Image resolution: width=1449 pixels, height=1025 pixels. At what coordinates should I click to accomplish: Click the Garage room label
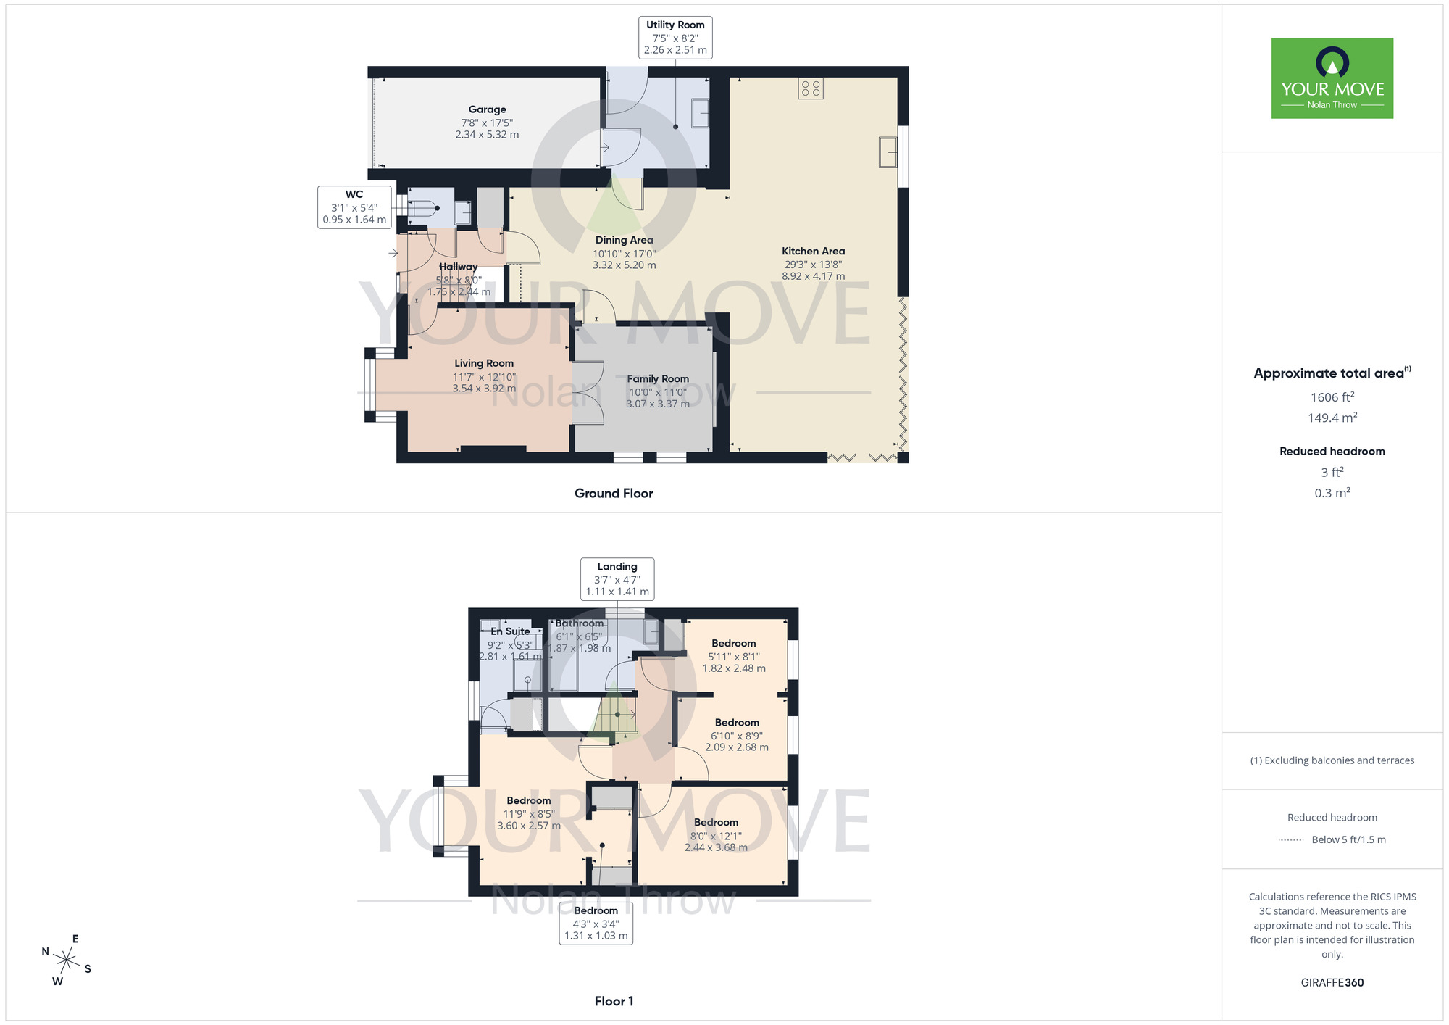point(487,110)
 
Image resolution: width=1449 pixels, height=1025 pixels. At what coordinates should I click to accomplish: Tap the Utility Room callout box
point(675,37)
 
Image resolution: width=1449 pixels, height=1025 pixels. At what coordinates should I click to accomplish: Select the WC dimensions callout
point(354,207)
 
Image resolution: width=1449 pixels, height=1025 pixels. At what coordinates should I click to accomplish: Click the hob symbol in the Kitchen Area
point(811,88)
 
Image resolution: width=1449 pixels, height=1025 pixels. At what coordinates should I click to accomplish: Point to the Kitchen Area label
point(813,252)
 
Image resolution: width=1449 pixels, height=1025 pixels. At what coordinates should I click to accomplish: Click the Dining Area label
point(624,241)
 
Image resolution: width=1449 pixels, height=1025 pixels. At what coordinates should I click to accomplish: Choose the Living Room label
point(484,364)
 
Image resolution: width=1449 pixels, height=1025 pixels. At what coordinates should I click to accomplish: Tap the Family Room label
point(658,379)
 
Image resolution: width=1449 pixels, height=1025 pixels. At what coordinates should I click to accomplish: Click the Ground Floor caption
point(614,494)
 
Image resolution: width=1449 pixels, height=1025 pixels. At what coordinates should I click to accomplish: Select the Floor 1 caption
point(614,1001)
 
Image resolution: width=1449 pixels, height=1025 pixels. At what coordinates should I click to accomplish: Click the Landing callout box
point(617,578)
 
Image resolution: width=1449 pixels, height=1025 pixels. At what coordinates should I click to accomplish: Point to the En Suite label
point(510,631)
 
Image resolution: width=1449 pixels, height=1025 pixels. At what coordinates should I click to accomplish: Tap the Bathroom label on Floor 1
point(580,623)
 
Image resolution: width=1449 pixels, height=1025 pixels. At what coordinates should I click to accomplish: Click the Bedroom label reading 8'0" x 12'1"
point(716,823)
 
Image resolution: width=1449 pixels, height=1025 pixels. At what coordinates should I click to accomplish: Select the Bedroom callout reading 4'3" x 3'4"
point(596,923)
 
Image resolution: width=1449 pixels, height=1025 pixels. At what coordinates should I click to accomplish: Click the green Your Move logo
point(1332,78)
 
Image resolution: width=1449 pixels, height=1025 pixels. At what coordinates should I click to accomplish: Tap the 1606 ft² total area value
point(1332,397)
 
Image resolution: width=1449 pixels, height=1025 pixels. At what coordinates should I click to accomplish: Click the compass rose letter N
point(46,952)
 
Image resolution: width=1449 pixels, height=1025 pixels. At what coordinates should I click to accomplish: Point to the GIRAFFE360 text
point(1332,983)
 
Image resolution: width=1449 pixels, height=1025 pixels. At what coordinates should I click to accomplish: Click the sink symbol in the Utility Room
point(700,113)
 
